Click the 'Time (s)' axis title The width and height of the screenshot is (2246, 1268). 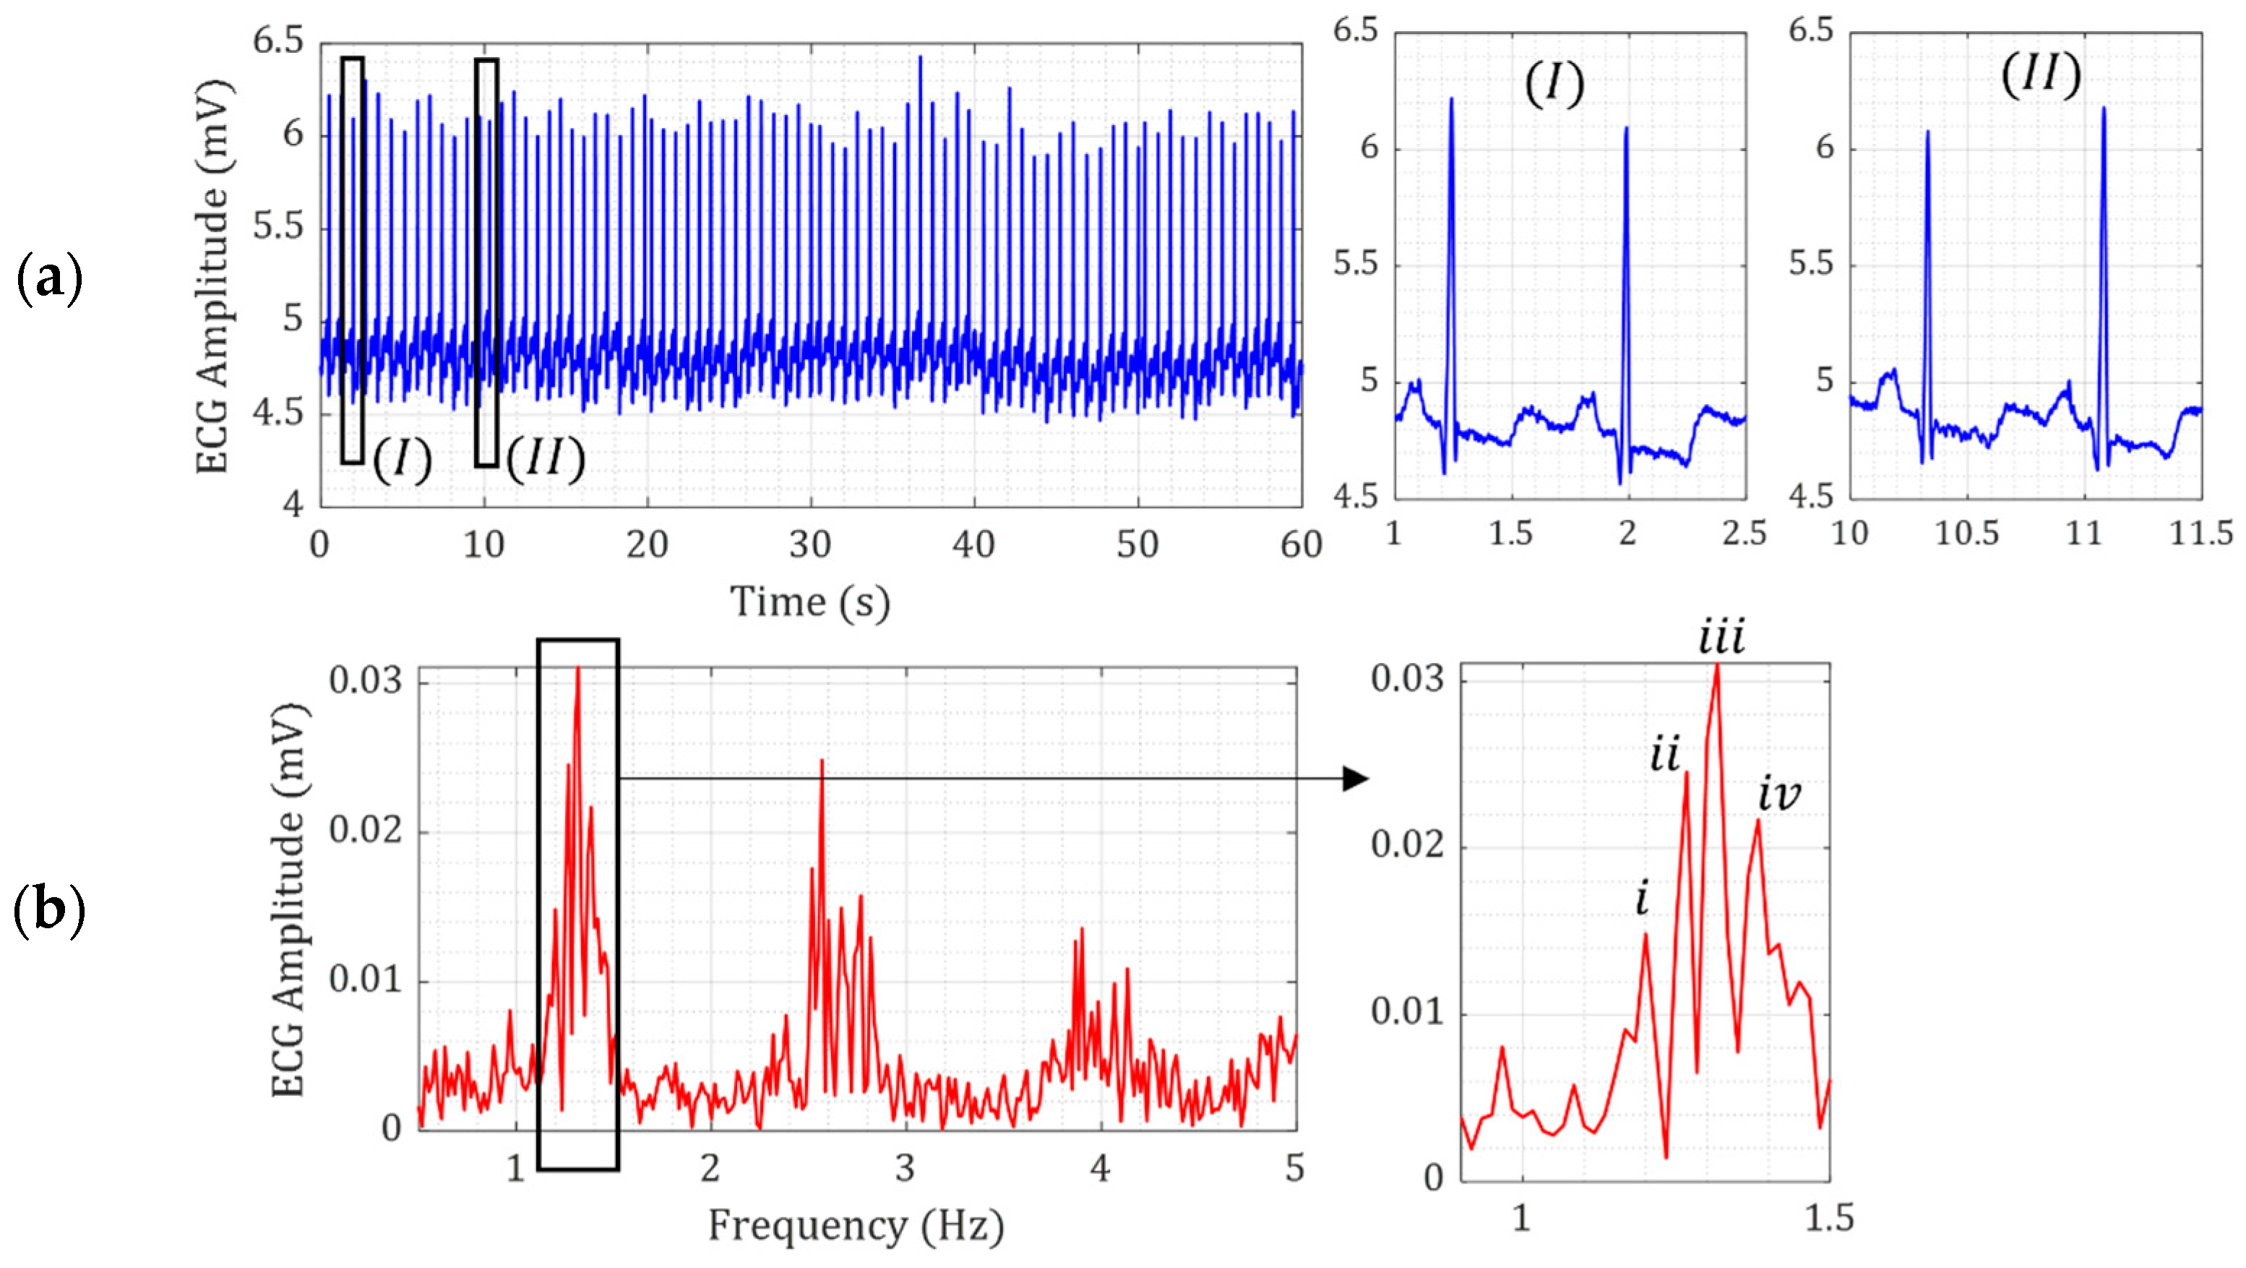click(809, 601)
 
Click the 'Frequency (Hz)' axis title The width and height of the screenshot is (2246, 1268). click(856, 1225)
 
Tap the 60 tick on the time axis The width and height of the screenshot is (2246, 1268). click(1301, 545)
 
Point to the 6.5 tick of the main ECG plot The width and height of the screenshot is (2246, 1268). click(278, 41)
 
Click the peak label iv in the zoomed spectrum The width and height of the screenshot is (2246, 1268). click(1778, 794)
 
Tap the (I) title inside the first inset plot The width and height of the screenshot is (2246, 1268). click(1554, 85)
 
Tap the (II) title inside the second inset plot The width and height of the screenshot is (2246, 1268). click(2040, 75)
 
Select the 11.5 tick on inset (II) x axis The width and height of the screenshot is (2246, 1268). click(2200, 532)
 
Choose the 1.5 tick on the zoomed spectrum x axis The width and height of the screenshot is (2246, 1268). click(1828, 1217)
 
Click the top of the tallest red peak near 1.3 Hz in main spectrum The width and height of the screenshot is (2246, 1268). click(578, 669)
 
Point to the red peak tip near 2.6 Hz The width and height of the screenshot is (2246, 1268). click(822, 761)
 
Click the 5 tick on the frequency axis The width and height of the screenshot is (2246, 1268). click(1294, 1168)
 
